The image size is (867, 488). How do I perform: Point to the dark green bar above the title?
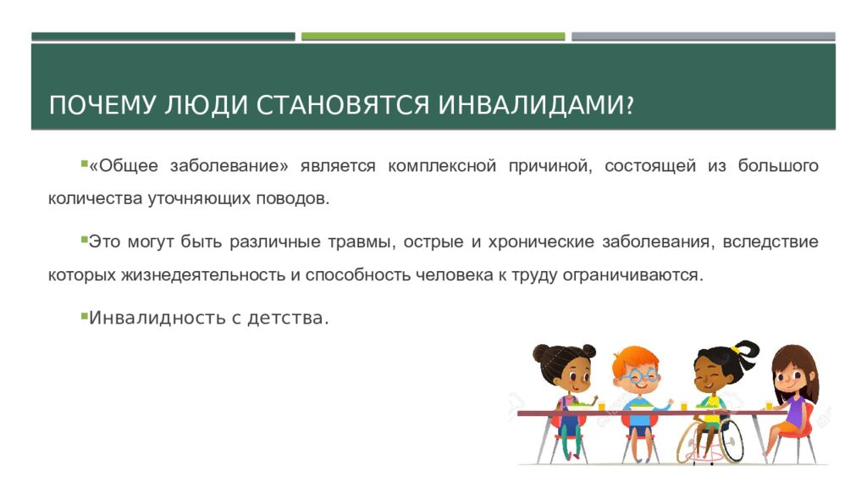(x=163, y=36)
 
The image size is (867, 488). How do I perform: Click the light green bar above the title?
(x=433, y=36)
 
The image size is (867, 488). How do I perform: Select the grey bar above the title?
(x=703, y=36)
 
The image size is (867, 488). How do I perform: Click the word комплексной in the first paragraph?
(x=441, y=166)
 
